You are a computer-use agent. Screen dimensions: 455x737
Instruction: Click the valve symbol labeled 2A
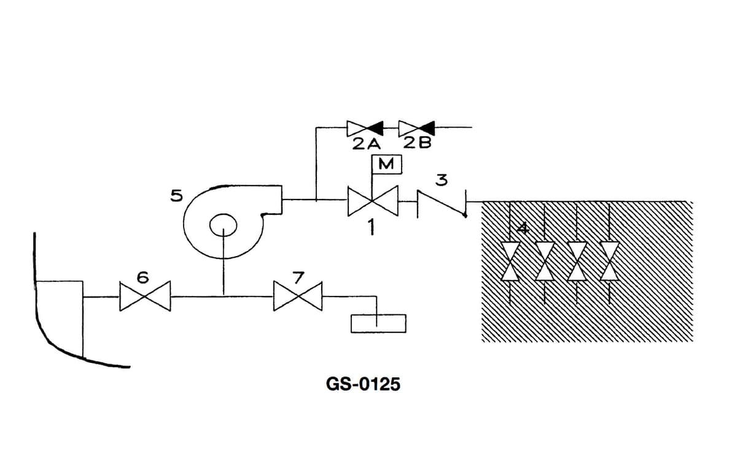point(365,128)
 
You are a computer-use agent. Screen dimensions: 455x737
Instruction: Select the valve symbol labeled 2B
point(416,128)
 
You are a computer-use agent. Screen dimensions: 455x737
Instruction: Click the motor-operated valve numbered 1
point(373,200)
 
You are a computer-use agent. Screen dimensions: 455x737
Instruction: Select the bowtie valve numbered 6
point(144,297)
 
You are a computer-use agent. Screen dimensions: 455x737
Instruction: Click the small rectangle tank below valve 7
point(378,323)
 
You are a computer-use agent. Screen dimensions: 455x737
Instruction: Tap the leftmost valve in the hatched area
point(511,261)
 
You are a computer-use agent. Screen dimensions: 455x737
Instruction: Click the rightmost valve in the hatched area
point(609,261)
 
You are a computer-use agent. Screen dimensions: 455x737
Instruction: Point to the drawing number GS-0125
point(362,384)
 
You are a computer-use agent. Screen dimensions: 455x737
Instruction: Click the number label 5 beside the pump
point(176,196)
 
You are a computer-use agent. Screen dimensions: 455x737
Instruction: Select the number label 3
point(441,181)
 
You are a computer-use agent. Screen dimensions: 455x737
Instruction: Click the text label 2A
point(367,144)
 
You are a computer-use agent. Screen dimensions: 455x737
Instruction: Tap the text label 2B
point(418,144)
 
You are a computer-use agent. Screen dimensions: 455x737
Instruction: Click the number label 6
point(142,277)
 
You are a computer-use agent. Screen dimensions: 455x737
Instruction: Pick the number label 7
point(297,277)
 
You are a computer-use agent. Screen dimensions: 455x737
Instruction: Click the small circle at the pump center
point(223,225)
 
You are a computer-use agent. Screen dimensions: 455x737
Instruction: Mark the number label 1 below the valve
point(371,227)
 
